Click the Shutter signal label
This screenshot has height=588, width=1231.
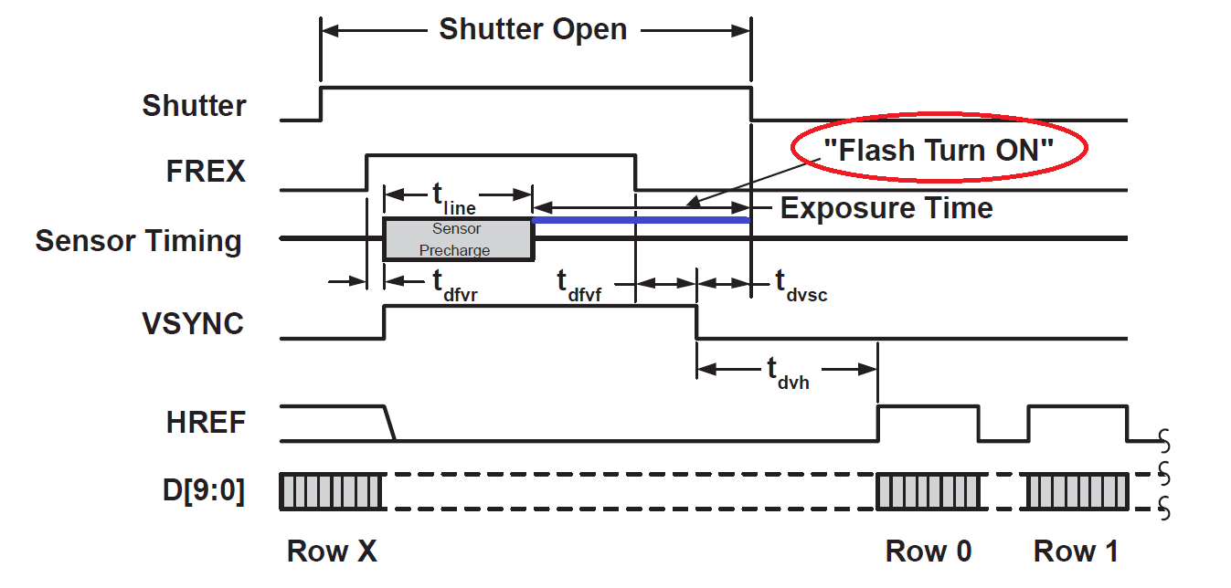pos(194,106)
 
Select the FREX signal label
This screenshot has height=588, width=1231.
pos(206,171)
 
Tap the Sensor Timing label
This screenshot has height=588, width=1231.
pos(138,241)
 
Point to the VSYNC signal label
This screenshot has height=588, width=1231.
pos(193,323)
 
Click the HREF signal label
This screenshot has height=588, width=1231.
pos(206,423)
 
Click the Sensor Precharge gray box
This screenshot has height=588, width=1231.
pos(458,239)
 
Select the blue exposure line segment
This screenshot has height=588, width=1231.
pos(641,220)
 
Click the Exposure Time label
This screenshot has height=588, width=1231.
pos(886,208)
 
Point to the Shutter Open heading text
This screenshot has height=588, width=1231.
pos(533,29)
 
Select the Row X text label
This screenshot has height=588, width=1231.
pos(332,551)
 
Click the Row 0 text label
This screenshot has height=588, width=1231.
pos(928,551)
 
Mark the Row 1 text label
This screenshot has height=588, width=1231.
pos(1076,551)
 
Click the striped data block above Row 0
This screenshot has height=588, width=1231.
pos(928,492)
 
